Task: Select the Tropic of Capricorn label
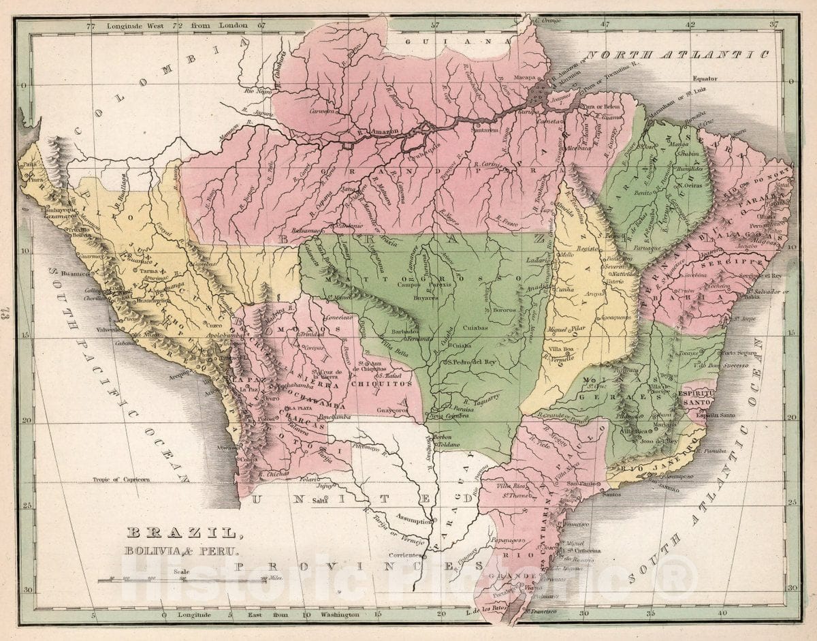tap(122, 480)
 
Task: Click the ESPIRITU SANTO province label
tap(696, 398)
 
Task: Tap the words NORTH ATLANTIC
tap(677, 54)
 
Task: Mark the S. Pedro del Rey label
tap(473, 362)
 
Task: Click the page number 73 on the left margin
tap(7, 313)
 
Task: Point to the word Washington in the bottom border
tap(332, 615)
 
